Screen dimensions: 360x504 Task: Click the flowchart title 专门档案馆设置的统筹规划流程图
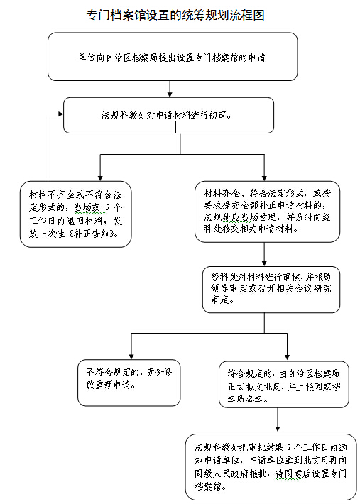(x=175, y=15)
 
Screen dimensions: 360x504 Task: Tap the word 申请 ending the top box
(x=256, y=57)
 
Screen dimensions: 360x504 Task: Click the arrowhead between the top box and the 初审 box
(x=170, y=94)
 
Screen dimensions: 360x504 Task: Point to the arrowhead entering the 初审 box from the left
(x=61, y=114)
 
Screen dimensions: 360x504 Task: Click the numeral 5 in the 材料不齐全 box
(x=108, y=207)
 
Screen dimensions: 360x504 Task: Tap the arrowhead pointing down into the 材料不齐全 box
(x=100, y=177)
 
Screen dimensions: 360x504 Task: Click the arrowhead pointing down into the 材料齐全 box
(x=264, y=177)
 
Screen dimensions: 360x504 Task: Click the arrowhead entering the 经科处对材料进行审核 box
(x=264, y=263)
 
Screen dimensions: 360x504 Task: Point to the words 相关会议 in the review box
(x=293, y=288)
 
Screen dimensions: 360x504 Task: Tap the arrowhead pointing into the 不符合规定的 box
(x=131, y=356)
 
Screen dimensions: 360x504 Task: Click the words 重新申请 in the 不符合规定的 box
(x=114, y=385)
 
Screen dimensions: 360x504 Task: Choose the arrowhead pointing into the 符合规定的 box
(x=287, y=357)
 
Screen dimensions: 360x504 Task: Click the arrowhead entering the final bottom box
(x=278, y=429)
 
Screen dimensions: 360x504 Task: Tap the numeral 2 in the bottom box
(x=289, y=447)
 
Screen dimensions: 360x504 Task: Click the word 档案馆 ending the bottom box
(x=207, y=486)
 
